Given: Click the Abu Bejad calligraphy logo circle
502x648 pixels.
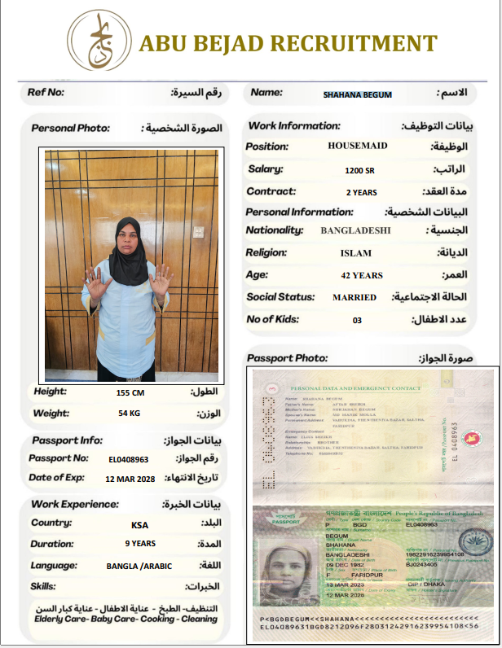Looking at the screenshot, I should point(99,41).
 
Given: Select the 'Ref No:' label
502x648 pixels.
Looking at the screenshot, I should point(46,92).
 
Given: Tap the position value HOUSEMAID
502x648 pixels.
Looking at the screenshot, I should point(358,147).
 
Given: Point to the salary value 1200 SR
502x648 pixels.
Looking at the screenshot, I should point(359,170).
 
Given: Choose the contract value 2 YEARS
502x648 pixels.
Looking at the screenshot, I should point(361,193).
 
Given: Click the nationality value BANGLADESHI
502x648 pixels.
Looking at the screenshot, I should point(355,230).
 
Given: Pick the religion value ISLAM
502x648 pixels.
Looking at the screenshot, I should point(355,253).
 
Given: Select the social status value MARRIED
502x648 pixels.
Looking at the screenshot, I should point(354,297).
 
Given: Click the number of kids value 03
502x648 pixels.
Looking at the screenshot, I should point(357,320).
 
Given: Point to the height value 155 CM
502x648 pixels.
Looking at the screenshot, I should point(130,392).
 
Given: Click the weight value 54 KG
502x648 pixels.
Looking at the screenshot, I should point(130,414).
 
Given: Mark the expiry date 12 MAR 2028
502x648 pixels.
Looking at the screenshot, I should point(130,479).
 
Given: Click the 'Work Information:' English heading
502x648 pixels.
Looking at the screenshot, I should point(293,126).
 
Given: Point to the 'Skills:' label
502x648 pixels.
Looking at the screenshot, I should point(43,586).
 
